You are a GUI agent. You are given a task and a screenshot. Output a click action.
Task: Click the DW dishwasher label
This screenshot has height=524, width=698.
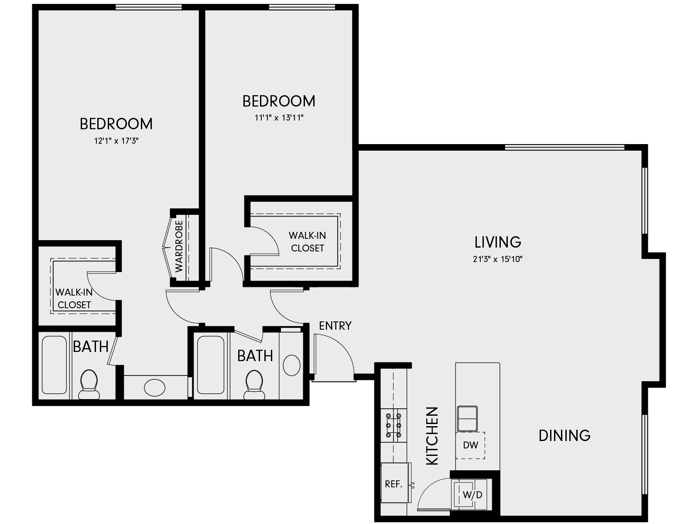tap(471, 445)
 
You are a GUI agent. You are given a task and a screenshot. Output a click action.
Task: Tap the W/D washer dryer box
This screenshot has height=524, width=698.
tap(472, 495)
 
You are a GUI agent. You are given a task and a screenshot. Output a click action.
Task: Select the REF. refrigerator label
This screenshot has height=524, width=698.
tap(393, 484)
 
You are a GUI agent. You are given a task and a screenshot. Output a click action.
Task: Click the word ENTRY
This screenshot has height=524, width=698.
tap(335, 326)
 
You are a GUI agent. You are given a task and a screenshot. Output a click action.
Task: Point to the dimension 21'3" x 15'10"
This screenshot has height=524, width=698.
tap(498, 259)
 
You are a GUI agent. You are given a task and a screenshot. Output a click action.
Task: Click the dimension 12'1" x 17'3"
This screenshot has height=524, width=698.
tap(116, 141)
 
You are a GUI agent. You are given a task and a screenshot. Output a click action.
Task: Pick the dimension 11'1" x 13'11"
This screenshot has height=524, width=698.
tap(279, 118)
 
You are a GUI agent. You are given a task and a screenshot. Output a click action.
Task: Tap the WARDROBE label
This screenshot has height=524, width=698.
tap(179, 246)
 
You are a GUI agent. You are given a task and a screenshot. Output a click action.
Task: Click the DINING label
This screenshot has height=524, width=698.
tap(565, 435)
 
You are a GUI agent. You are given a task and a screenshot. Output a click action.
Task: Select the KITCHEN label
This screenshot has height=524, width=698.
tap(432, 435)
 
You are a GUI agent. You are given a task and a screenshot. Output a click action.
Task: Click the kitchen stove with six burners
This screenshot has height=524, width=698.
tap(393, 424)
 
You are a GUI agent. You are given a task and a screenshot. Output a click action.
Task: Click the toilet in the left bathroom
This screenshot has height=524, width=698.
tap(89, 383)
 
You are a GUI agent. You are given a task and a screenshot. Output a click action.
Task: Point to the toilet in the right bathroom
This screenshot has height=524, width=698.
tap(254, 383)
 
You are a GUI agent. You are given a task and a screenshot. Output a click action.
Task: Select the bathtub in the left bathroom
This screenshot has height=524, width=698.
tap(54, 365)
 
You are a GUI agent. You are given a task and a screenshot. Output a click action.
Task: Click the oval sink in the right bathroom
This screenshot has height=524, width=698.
tap(291, 365)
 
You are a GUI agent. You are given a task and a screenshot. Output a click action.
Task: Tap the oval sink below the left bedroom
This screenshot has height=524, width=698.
tap(154, 387)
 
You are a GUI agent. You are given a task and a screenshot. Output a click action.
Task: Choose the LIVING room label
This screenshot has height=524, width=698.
tap(498, 242)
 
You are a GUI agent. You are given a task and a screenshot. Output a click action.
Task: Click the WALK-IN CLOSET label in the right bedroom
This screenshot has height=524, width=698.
tap(307, 241)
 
